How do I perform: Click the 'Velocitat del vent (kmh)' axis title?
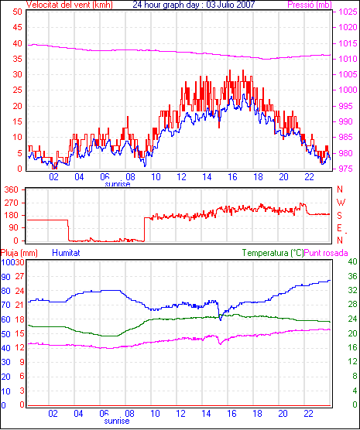pyautogui.click(x=69, y=5)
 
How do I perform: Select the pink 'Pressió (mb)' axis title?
pyautogui.click(x=310, y=5)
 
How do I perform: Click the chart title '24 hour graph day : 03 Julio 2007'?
pyautogui.click(x=194, y=5)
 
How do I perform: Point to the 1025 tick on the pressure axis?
pyautogui.click(x=348, y=12)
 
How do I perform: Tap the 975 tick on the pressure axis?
pyautogui.click(x=348, y=169)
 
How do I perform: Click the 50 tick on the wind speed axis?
pyautogui.click(x=17, y=12)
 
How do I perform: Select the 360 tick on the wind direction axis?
pyautogui.click(x=12, y=189)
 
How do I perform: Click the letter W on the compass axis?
pyautogui.click(x=341, y=203)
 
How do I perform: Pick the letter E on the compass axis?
pyautogui.click(x=340, y=228)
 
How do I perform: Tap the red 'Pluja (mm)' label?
pyautogui.click(x=19, y=253)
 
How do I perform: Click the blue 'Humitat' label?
pyautogui.click(x=66, y=253)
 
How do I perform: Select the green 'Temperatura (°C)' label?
pyautogui.click(x=273, y=253)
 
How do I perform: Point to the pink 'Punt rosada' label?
pyautogui.click(x=326, y=253)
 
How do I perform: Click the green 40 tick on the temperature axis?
pyautogui.click(x=352, y=261)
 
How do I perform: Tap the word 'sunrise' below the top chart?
pyautogui.click(x=118, y=184)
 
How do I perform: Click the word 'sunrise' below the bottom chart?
pyautogui.click(x=117, y=421)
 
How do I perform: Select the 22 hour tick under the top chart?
pyautogui.click(x=309, y=177)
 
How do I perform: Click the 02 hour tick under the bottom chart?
pyautogui.click(x=53, y=413)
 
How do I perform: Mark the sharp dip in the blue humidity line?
pyautogui.click(x=220, y=319)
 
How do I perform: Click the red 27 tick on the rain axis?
pyautogui.click(x=19, y=276)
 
